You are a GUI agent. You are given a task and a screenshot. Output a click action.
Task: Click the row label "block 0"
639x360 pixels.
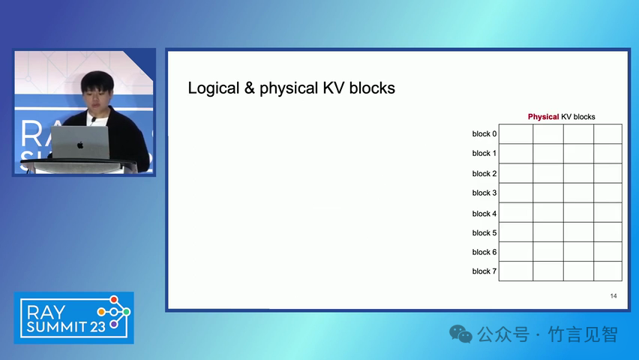click(484, 133)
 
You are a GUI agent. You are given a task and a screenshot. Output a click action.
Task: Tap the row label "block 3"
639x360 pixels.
click(484, 193)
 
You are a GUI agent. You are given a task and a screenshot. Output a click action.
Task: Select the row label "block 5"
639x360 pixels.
click(484, 232)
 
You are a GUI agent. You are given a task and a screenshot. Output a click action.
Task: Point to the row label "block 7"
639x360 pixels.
click(484, 271)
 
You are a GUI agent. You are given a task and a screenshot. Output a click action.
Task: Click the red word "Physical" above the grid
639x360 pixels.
click(543, 117)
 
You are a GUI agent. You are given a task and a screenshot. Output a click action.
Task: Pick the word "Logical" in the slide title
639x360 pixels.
click(214, 88)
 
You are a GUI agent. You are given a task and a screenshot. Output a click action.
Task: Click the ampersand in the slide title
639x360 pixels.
click(250, 88)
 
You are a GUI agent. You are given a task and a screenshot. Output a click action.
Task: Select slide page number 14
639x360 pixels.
click(613, 296)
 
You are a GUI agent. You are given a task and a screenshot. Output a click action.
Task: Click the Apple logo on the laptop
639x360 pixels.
click(80, 145)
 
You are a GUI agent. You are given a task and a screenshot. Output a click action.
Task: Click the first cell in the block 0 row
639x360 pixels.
click(516, 133)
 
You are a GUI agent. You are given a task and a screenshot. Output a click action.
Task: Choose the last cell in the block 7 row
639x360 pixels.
click(607, 271)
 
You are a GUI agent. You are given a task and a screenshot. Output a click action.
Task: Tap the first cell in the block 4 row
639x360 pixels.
click(516, 212)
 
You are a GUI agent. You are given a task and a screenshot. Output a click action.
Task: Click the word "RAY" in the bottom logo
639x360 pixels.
click(46, 313)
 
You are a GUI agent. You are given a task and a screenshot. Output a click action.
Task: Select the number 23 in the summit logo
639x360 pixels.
click(98, 326)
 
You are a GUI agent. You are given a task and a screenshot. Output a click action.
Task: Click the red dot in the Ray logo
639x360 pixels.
click(114, 300)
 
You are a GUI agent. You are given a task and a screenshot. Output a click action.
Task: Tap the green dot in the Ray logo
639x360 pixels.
click(127, 312)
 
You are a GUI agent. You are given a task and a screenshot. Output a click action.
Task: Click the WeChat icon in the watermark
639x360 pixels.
click(460, 334)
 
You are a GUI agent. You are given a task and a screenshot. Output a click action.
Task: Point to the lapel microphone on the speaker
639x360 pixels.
click(93, 120)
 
